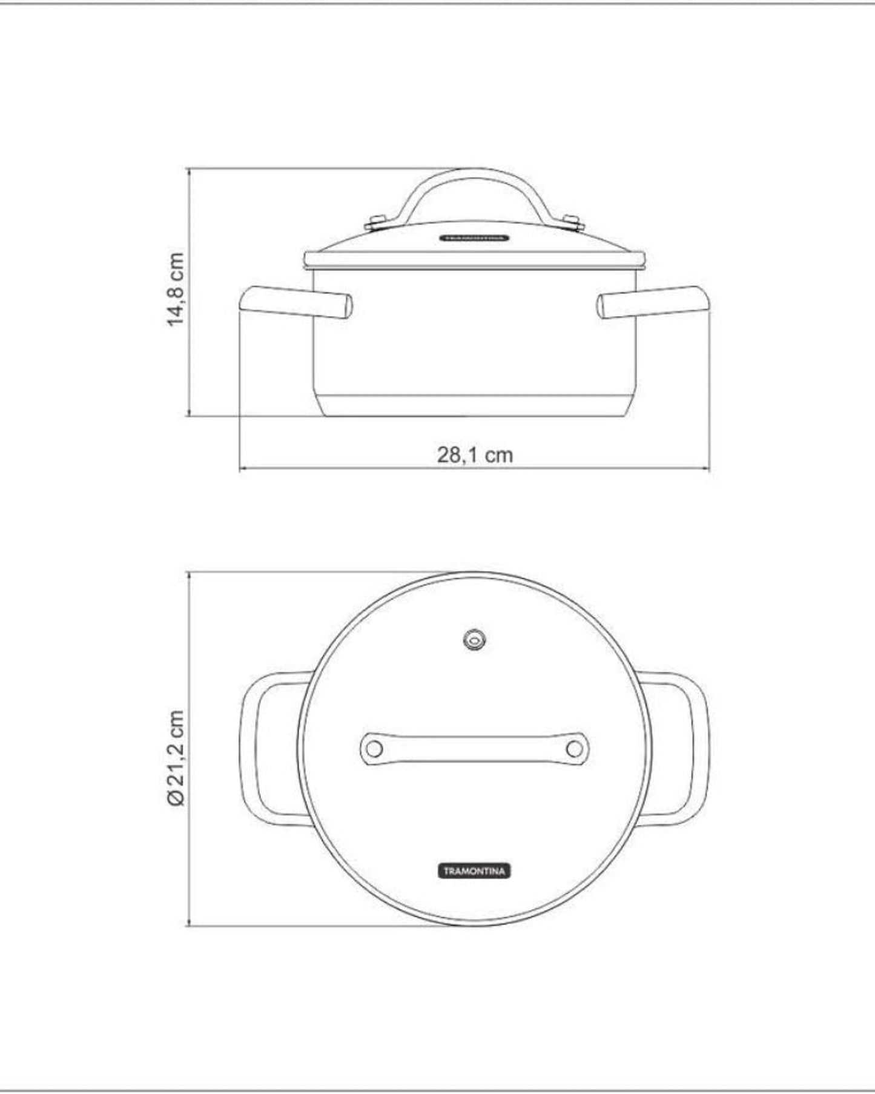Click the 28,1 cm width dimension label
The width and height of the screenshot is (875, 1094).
tap(475, 454)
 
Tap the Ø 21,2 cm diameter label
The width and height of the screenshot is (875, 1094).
tap(176, 758)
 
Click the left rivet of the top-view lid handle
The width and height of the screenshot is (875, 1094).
tap(375, 749)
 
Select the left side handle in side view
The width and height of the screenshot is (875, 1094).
tap(297, 302)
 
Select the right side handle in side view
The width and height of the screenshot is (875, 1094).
tap(654, 302)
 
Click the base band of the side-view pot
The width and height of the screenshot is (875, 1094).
tap(475, 406)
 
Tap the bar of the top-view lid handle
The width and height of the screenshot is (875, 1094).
tap(474, 749)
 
